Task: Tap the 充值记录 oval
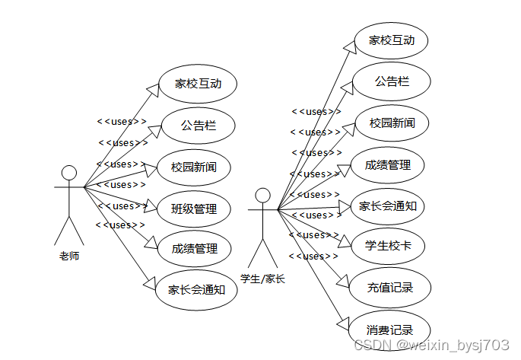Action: pos(390,288)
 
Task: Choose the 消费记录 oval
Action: pos(389,330)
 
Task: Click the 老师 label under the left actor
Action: pos(69,256)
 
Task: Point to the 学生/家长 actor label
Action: pos(262,279)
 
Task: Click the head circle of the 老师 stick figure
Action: pos(69,172)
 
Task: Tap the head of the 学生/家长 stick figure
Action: pos(263,196)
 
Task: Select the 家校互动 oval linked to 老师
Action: pos(198,84)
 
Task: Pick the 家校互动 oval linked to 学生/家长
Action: pos(392,40)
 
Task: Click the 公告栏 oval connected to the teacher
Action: pos(198,126)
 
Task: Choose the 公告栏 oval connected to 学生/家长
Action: pos(392,81)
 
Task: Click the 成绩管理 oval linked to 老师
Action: pos(195,248)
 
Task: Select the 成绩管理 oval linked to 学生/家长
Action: pos(388,164)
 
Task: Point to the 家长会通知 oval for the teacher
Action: pos(196,289)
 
